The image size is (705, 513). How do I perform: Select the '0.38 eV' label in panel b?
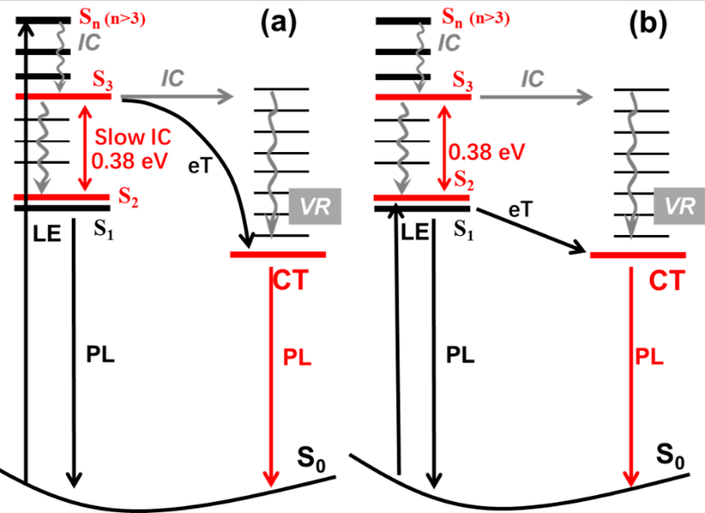[x=489, y=152]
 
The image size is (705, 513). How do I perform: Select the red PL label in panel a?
[x=297, y=356]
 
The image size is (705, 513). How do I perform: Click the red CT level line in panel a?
[x=278, y=254]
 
